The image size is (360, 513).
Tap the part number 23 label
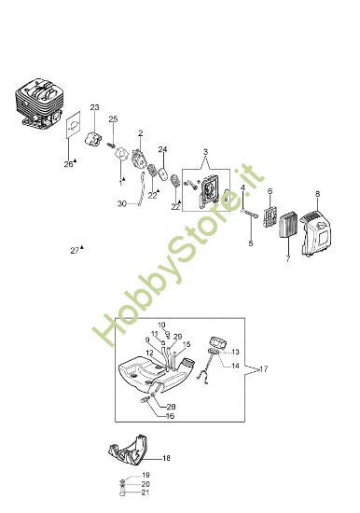pyautogui.click(x=94, y=109)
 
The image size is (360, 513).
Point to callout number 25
pyautogui.click(x=113, y=118)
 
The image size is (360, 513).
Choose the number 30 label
pyautogui.click(x=121, y=203)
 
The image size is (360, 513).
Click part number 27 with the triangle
pyautogui.click(x=75, y=250)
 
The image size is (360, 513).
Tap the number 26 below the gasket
pyautogui.click(x=67, y=164)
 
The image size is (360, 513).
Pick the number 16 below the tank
pyautogui.click(x=171, y=417)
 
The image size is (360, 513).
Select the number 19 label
pyautogui.click(x=145, y=476)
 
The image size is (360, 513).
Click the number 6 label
pyautogui.click(x=270, y=191)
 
